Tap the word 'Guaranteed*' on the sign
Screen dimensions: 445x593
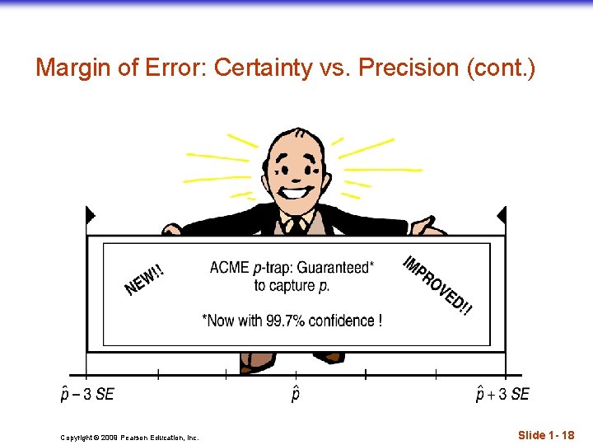(334, 267)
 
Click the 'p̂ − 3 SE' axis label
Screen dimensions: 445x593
(87, 394)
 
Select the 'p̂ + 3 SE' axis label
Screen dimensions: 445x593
(502, 394)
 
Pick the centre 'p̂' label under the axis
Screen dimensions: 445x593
(296, 394)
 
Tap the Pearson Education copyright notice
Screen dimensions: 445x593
(129, 438)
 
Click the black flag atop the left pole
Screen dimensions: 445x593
(90, 216)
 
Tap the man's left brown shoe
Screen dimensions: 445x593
(257, 363)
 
